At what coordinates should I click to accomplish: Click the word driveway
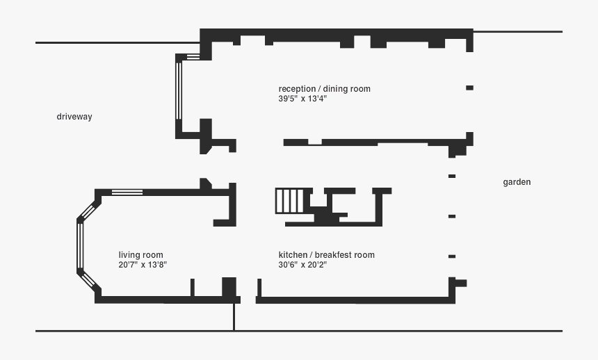tap(74, 117)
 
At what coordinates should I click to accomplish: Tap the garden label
tap(517, 182)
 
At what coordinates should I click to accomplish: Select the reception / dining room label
tap(324, 89)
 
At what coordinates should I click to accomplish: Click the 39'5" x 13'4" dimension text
tap(302, 99)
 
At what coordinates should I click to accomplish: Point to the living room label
tap(140, 255)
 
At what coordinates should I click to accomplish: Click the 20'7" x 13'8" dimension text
tap(143, 265)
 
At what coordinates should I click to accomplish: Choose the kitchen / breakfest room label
tap(326, 255)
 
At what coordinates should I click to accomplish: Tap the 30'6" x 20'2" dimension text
tap(302, 265)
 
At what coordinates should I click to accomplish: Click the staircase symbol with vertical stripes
tap(290, 201)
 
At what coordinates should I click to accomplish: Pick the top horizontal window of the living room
tap(127, 192)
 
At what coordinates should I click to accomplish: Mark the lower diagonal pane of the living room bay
tap(89, 280)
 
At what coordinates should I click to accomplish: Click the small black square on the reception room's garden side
tap(469, 88)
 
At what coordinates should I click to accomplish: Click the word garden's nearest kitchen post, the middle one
tap(452, 216)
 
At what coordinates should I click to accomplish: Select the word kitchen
tap(293, 255)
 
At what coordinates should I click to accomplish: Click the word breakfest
tap(334, 255)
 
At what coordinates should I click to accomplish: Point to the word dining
tap(334, 89)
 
